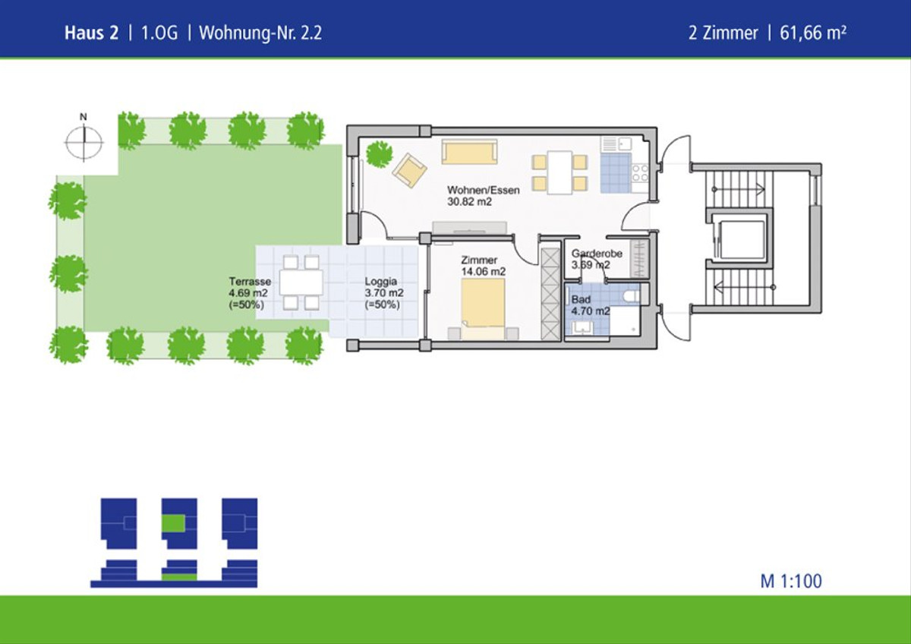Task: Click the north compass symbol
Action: (x=84, y=138)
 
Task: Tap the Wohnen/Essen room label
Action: (x=483, y=190)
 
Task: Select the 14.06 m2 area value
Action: (x=483, y=271)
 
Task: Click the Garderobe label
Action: (x=597, y=254)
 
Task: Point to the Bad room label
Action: (x=581, y=299)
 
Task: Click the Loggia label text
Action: (x=380, y=282)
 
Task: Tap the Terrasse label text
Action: (x=250, y=282)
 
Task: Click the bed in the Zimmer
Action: (x=483, y=309)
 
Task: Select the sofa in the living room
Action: (x=469, y=152)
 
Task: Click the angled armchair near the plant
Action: (x=409, y=170)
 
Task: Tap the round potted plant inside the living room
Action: (x=379, y=154)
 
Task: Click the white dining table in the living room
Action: (x=560, y=172)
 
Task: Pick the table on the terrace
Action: (x=301, y=283)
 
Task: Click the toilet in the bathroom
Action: (x=633, y=296)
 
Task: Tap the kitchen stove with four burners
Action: (x=640, y=172)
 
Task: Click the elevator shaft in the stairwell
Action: (x=739, y=239)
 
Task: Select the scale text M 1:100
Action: (x=791, y=581)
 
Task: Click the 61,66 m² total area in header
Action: (x=813, y=33)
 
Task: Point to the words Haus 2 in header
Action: (x=92, y=33)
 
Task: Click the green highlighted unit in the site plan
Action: (x=173, y=523)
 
